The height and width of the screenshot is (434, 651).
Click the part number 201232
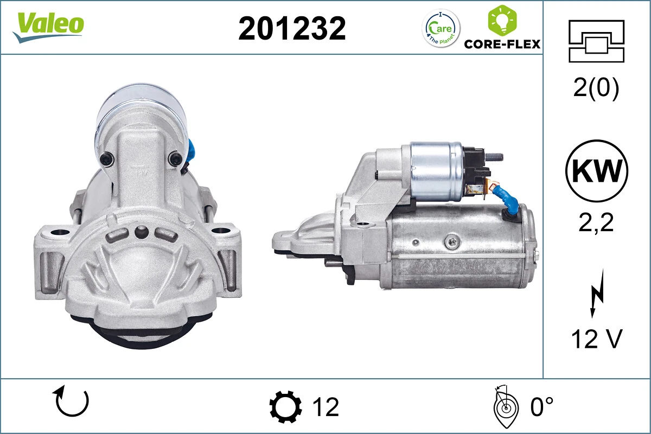(x=292, y=28)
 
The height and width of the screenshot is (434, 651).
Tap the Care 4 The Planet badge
(x=441, y=29)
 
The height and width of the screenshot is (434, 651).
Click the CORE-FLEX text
(x=502, y=44)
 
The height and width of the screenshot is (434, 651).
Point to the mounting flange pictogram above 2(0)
(x=596, y=41)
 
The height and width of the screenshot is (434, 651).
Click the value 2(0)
(x=596, y=88)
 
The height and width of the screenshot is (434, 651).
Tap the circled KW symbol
(x=597, y=171)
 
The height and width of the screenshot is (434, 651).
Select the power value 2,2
(x=596, y=222)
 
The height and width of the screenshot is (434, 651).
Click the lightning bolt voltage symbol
(x=597, y=293)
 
